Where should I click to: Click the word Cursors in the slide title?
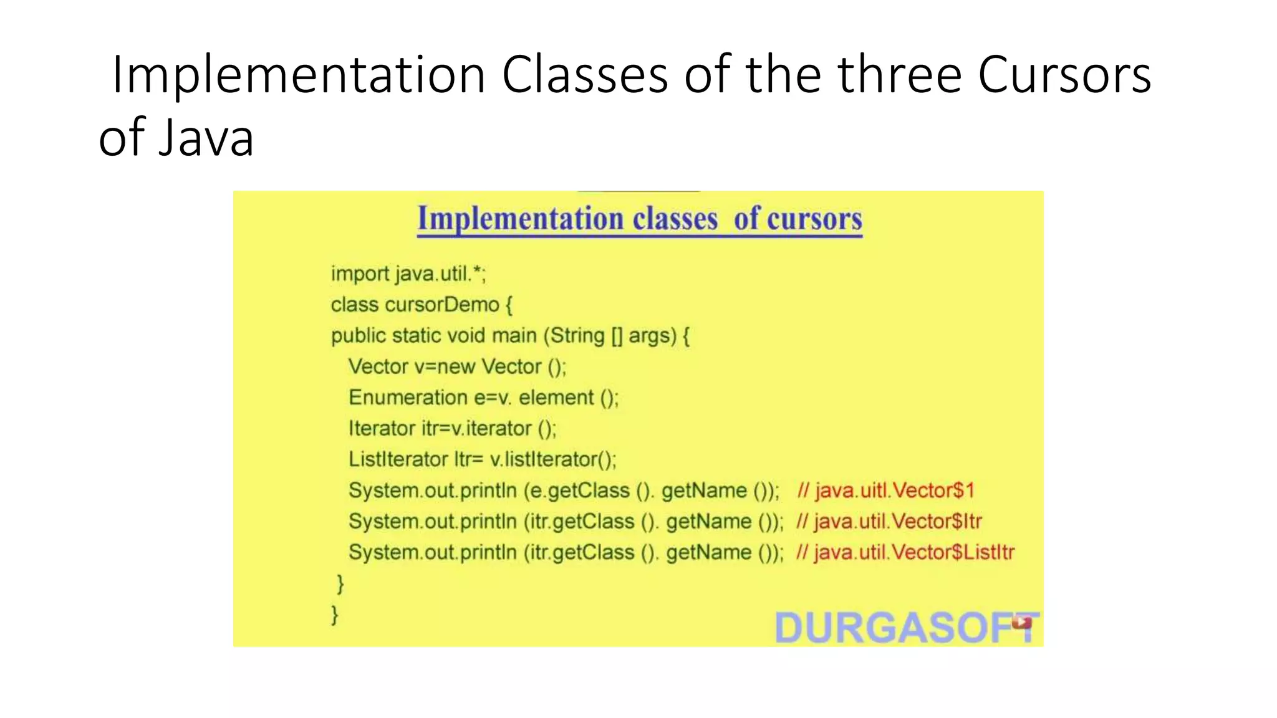[1064, 75]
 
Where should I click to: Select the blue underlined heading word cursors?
[814, 219]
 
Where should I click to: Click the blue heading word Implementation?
[520, 219]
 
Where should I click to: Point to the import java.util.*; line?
[408, 274]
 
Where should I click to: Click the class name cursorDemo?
[442, 305]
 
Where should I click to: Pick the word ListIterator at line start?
[398, 459]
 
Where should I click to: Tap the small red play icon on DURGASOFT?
[1021, 621]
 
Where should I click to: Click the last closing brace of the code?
[335, 615]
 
